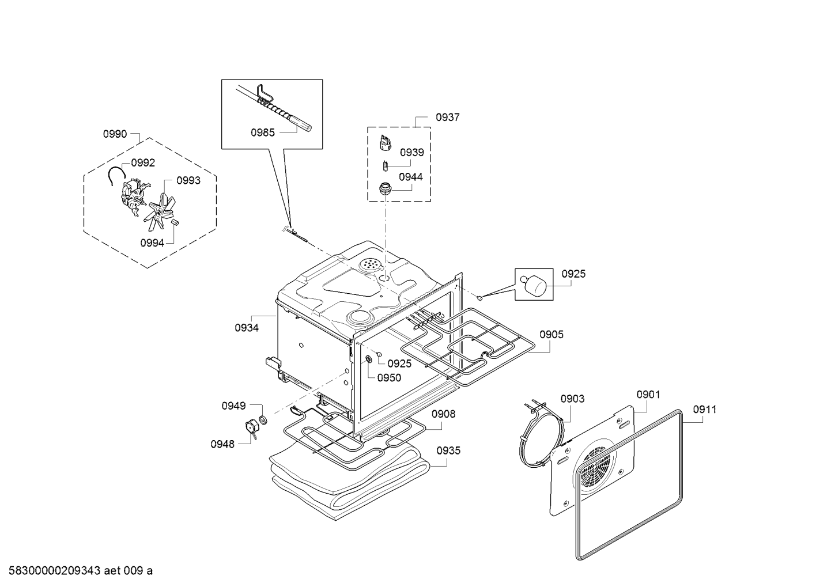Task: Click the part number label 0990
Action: (x=115, y=134)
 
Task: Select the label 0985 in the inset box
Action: (x=262, y=132)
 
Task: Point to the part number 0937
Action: (x=447, y=118)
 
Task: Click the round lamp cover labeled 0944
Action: (x=384, y=188)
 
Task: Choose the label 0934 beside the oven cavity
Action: (x=246, y=328)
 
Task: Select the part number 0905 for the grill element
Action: (x=552, y=335)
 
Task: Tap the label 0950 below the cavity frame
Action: (x=389, y=378)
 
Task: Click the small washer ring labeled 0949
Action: (x=263, y=419)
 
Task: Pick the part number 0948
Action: (x=222, y=444)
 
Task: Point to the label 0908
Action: (x=443, y=414)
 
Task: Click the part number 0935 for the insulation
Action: (x=448, y=450)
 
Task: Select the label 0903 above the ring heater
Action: (x=572, y=399)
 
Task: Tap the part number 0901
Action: (x=648, y=395)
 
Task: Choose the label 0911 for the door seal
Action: (x=705, y=410)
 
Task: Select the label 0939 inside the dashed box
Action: (x=411, y=153)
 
